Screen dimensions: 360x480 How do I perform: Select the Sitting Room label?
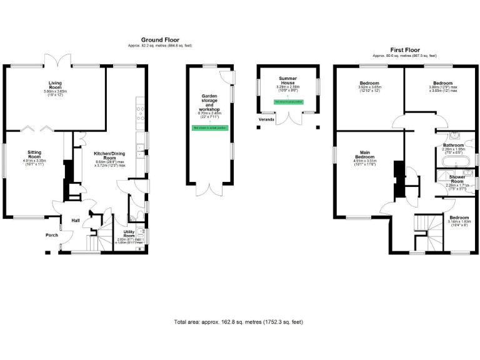pos(34,155)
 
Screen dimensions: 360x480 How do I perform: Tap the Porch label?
pos(51,236)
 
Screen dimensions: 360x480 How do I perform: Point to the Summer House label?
pos(288,81)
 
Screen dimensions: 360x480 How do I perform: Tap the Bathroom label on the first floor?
pos(453,146)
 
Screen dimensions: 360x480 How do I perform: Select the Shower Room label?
pos(455,181)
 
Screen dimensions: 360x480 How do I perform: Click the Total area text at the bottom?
pos(238,322)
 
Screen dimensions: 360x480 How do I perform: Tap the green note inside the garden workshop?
pos(210,127)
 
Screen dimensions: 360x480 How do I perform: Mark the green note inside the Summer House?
pos(288,101)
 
